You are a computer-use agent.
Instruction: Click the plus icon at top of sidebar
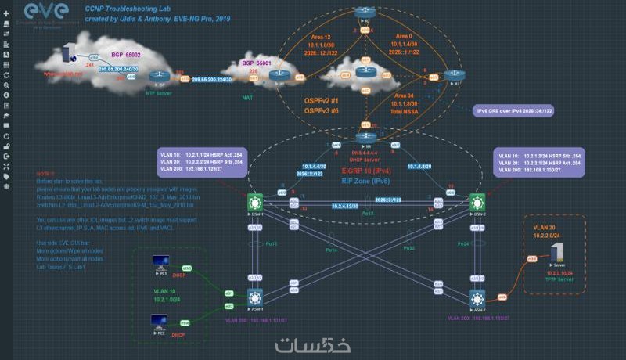6,13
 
